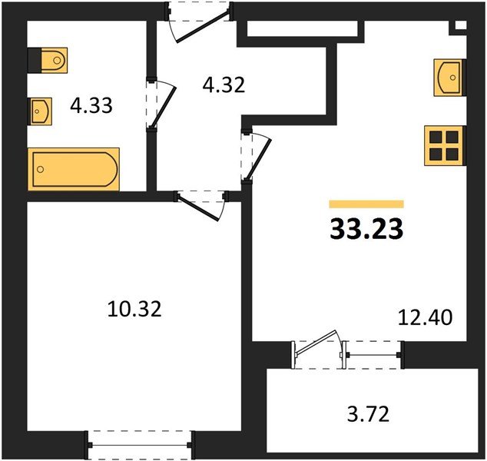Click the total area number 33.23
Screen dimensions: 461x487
(x=366, y=228)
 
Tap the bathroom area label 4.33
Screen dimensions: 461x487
(x=91, y=105)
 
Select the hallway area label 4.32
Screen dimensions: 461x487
(x=223, y=84)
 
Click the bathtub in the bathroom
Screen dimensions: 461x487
(x=74, y=169)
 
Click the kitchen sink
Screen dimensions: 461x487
(x=449, y=77)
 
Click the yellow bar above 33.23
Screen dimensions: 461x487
(x=366, y=204)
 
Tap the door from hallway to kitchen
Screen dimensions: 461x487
(x=257, y=157)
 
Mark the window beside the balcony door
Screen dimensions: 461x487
(x=373, y=355)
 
